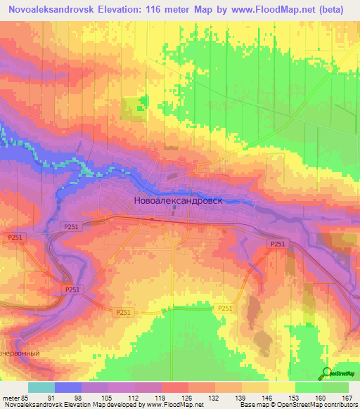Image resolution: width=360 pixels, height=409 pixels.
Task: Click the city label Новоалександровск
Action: click(x=177, y=200)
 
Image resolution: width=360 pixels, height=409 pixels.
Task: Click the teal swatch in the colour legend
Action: click(x=41, y=387)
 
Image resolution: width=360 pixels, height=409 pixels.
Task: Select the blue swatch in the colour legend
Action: click(x=69, y=387)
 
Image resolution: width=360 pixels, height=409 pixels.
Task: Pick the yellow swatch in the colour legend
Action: click(x=281, y=387)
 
